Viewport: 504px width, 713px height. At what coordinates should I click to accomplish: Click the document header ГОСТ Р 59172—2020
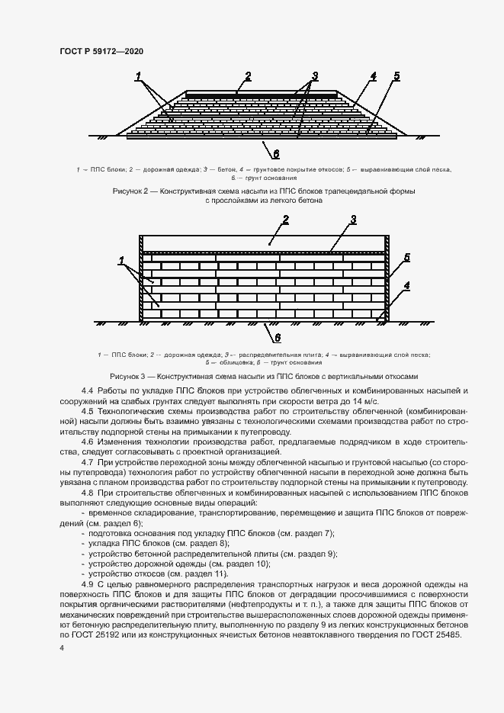tap(101, 50)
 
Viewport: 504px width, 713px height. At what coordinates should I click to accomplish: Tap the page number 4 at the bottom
tap(62, 647)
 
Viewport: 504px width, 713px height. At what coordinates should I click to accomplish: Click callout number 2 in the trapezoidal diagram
tap(248, 75)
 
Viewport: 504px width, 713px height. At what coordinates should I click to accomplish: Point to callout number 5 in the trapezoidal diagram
tap(397, 76)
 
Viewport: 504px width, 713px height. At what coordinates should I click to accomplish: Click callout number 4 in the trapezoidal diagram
tap(374, 76)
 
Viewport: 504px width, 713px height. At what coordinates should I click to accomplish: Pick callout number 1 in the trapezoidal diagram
tap(139, 75)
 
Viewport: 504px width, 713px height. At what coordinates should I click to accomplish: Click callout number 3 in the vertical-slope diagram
tap(353, 220)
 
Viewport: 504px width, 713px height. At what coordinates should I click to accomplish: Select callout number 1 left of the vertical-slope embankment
tap(121, 262)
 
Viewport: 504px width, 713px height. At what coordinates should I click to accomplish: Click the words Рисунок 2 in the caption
tap(133, 191)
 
